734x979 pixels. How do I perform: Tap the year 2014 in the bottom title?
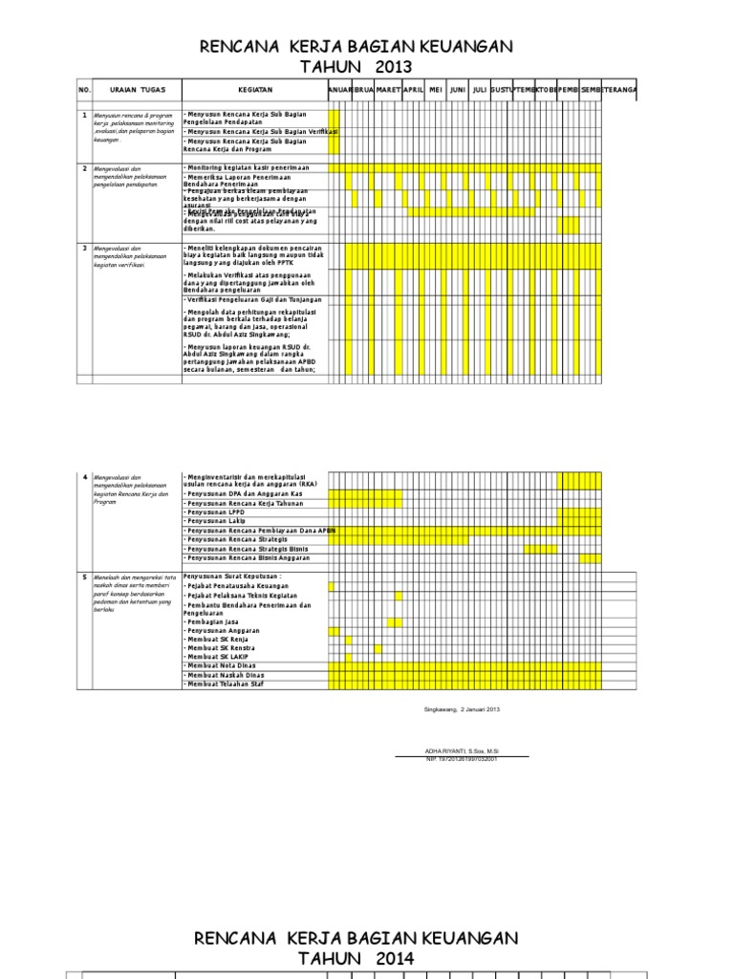(x=394, y=958)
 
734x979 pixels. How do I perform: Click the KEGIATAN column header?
(x=255, y=90)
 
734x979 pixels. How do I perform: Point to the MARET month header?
(x=388, y=90)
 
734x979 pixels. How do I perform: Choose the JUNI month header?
(x=458, y=90)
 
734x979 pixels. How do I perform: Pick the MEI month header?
(x=436, y=90)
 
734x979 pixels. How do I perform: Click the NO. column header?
(x=83, y=90)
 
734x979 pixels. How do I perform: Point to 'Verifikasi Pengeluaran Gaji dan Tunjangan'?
(x=254, y=300)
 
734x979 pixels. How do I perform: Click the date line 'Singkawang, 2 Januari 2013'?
(x=462, y=708)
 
